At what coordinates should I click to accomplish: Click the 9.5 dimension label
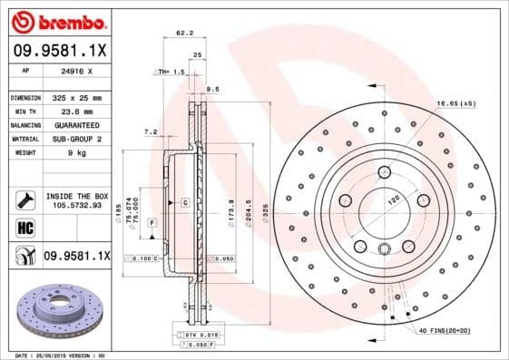(x=213, y=90)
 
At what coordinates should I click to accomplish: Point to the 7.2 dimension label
(x=151, y=132)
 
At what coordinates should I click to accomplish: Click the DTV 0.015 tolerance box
(x=194, y=336)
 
